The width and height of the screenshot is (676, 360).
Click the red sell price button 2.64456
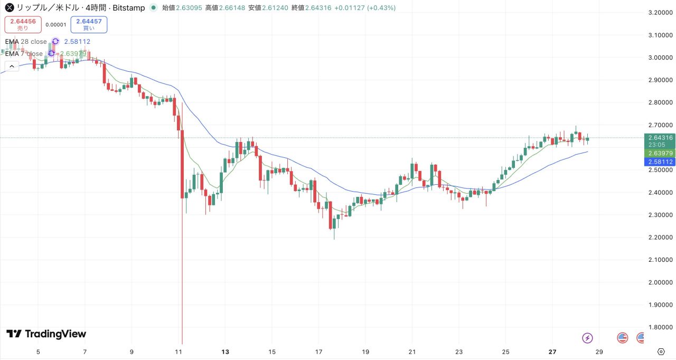click(x=23, y=24)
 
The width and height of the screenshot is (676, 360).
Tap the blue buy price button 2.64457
click(x=89, y=24)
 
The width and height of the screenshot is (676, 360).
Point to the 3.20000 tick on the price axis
click(x=660, y=12)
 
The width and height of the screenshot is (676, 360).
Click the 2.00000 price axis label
click(x=660, y=282)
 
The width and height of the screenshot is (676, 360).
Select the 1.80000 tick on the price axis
click(x=660, y=327)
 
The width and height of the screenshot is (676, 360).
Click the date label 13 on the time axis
click(x=226, y=352)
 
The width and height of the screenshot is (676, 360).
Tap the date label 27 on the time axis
click(x=552, y=352)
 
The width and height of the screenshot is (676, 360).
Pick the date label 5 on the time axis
click(x=38, y=352)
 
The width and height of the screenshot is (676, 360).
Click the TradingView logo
click(x=46, y=334)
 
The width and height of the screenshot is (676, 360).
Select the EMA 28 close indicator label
click(x=26, y=41)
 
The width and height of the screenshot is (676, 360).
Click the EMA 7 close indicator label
click(x=24, y=54)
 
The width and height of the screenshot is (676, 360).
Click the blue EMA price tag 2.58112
click(x=660, y=162)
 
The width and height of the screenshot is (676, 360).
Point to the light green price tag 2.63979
click(x=660, y=153)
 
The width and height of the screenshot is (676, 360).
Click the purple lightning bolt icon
click(x=587, y=338)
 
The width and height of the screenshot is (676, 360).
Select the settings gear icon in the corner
click(x=661, y=352)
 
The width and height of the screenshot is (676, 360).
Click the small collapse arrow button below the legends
click(x=12, y=66)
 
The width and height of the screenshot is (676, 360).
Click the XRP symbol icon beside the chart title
click(x=9, y=8)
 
